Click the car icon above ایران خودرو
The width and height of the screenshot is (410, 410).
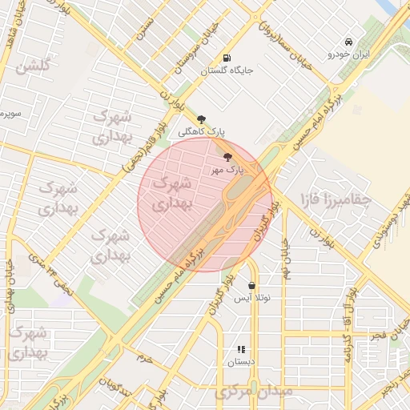pos(348,42)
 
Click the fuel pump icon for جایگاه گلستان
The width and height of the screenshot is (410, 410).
pos(227,58)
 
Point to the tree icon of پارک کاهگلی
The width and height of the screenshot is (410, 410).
pos(200,119)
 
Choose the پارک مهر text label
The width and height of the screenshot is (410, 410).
pos(227,170)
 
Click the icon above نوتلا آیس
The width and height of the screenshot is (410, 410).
pos(252,285)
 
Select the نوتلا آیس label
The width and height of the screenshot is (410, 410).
pos(252,298)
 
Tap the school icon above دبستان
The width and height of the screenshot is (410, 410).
pos(241,349)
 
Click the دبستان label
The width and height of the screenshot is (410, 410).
pos(241,362)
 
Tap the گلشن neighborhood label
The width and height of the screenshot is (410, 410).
pos(33,66)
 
